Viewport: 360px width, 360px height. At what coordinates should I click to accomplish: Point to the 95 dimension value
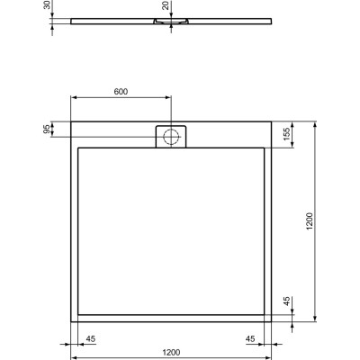pyautogui.click(x=47, y=129)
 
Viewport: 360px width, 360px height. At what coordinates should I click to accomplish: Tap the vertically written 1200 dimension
pyautogui.click(x=309, y=220)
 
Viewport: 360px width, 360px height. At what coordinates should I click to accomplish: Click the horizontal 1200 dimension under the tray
pyautogui.click(x=171, y=352)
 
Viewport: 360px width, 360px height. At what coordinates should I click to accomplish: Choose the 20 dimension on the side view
pyautogui.click(x=165, y=6)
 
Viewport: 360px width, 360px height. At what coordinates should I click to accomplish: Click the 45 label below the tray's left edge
pyautogui.click(x=90, y=339)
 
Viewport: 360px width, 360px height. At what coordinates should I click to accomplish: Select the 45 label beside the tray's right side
pyautogui.click(x=286, y=303)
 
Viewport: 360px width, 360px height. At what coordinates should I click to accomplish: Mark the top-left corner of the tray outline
pyautogui.click(x=71, y=122)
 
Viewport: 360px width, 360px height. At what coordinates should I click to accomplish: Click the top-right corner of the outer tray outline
pyautogui.click(x=271, y=122)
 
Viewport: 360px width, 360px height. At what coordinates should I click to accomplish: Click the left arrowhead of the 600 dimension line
pyautogui.click(x=74, y=99)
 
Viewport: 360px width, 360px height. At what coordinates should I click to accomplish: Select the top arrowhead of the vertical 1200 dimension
pyautogui.click(x=314, y=125)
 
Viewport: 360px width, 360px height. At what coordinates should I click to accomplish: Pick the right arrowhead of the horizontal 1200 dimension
pyautogui.click(x=268, y=345)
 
